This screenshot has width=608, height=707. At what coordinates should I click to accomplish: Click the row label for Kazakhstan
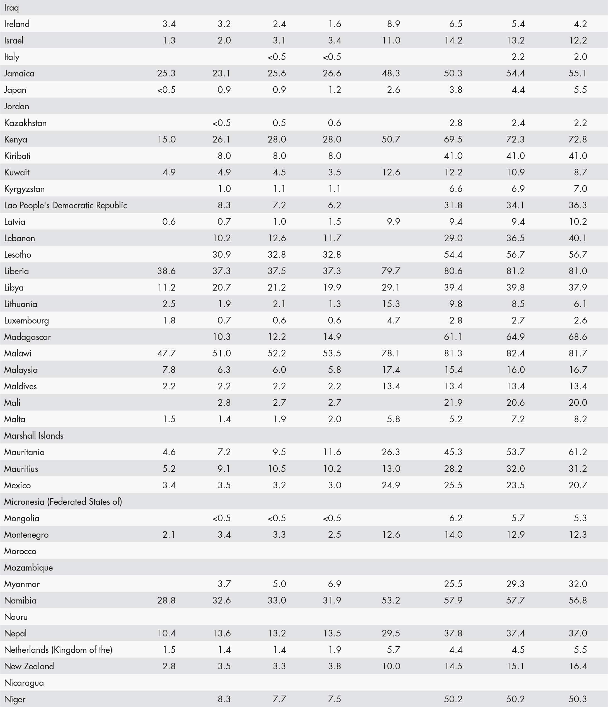pyautogui.click(x=25, y=123)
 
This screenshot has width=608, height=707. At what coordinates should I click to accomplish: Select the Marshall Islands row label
pyautogui.click(x=34, y=435)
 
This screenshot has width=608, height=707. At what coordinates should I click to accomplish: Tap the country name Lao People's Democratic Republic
pyautogui.click(x=66, y=205)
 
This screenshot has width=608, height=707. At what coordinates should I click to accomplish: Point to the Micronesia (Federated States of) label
pyautogui.click(x=63, y=501)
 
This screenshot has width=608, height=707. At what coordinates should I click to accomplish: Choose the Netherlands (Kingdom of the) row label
pyautogui.click(x=58, y=650)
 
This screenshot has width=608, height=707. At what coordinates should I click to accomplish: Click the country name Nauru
pyautogui.click(x=16, y=617)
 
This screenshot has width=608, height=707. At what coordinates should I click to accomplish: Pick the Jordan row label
pyautogui.click(x=16, y=106)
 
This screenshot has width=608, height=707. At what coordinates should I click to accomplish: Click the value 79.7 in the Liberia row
pyautogui.click(x=391, y=271)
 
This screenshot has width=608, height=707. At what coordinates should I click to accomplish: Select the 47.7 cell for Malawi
pyautogui.click(x=166, y=353)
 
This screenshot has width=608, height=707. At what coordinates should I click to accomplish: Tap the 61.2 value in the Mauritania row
pyautogui.click(x=578, y=452)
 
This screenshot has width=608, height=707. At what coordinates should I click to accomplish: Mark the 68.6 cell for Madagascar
pyautogui.click(x=578, y=337)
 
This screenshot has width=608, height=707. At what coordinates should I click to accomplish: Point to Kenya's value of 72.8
pyautogui.click(x=578, y=139)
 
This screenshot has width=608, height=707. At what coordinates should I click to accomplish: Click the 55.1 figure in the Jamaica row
pyautogui.click(x=578, y=73)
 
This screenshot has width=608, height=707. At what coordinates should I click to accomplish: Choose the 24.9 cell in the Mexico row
pyautogui.click(x=391, y=485)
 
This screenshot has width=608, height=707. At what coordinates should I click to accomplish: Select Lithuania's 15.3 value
pyautogui.click(x=391, y=304)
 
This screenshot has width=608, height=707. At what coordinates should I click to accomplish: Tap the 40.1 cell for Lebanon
pyautogui.click(x=578, y=238)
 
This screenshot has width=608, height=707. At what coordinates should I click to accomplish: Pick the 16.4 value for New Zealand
pyautogui.click(x=578, y=666)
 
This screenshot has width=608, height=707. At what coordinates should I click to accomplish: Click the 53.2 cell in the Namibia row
pyautogui.click(x=391, y=600)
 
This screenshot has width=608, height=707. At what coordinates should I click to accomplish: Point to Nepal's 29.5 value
pyautogui.click(x=391, y=633)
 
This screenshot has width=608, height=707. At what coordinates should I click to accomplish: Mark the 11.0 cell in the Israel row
pyautogui.click(x=391, y=40)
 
